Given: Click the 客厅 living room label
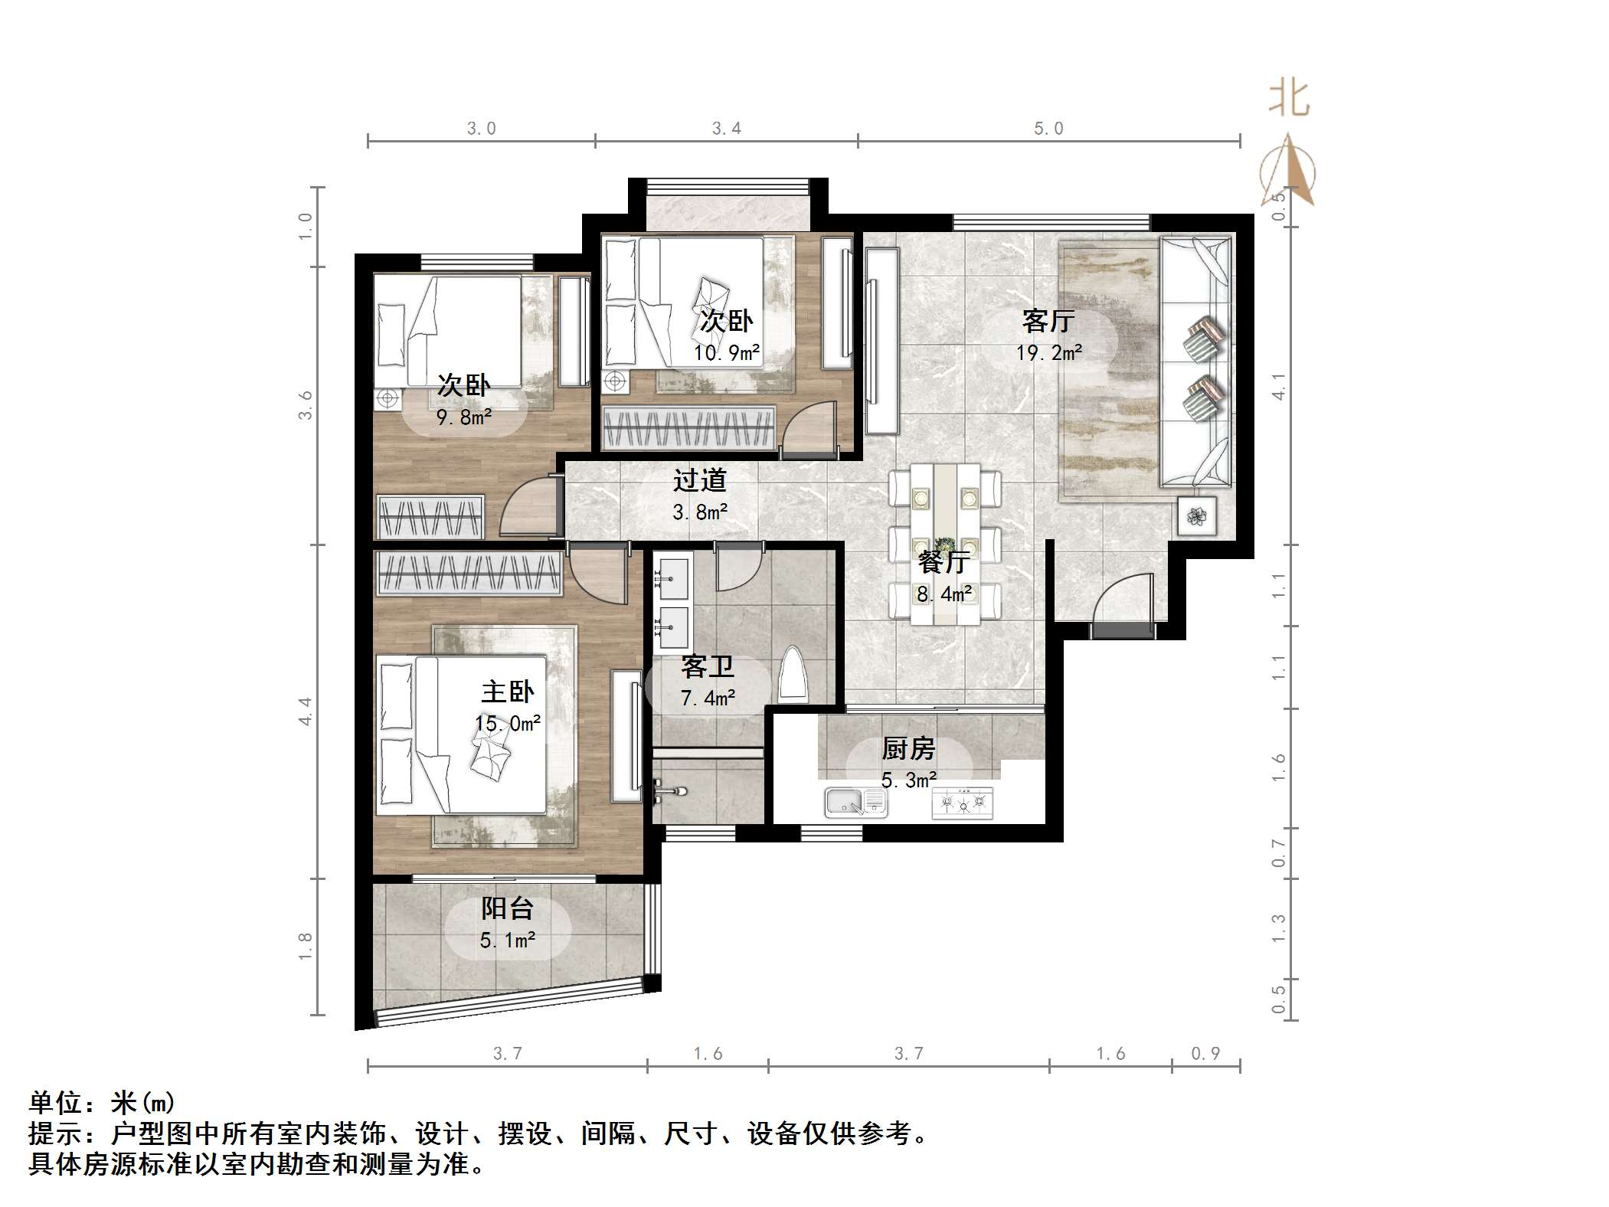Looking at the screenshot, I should tap(1048, 321).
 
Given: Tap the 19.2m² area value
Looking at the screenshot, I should tap(1048, 353).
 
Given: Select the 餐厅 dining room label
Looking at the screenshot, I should tap(943, 562).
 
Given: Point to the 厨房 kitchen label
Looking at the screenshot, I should tap(908, 748).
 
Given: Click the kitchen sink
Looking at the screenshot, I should tap(855, 803).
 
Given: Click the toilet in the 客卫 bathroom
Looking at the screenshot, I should tap(793, 676).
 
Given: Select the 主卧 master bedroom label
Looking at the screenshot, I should tap(507, 692).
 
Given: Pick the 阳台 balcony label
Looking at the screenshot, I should tap(507, 908).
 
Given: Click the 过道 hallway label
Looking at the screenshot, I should tap(699, 480).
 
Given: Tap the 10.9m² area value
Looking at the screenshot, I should tap(726, 353).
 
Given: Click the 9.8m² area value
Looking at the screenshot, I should tap(463, 417).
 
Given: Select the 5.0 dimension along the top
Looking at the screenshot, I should tap(1048, 129).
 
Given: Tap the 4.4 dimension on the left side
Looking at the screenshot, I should tap(306, 711).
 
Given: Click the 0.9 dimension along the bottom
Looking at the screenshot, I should tap(1205, 1054).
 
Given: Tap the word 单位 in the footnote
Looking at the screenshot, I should tap(56, 1103).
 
